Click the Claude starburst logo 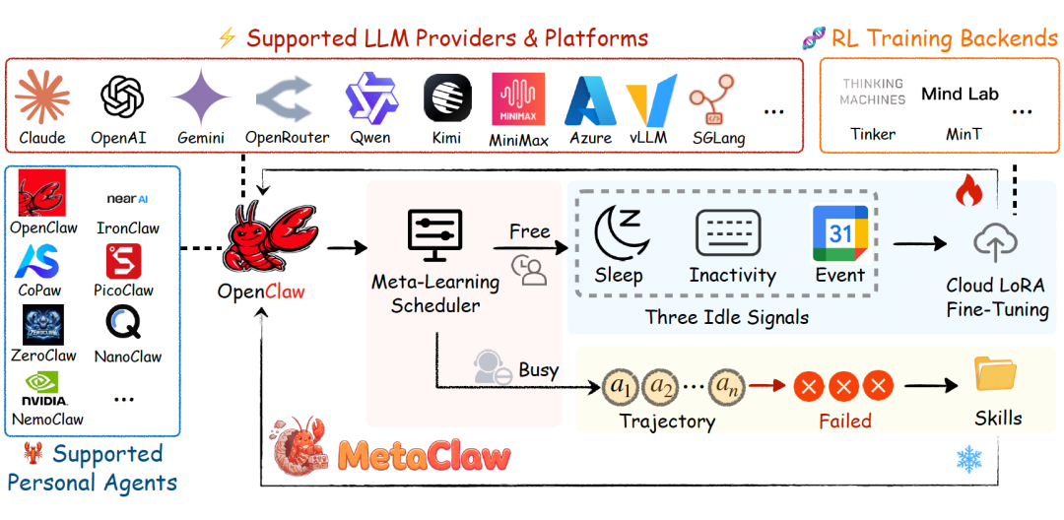pos(42,97)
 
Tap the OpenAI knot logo pos(122,97)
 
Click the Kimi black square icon pos(447,97)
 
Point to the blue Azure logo pos(591,100)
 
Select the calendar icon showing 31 pos(840,233)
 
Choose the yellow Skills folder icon pos(996,374)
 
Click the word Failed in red pos(845,421)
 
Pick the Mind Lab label pos(960,95)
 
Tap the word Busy pos(538,369)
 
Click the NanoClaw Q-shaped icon pos(123,323)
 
